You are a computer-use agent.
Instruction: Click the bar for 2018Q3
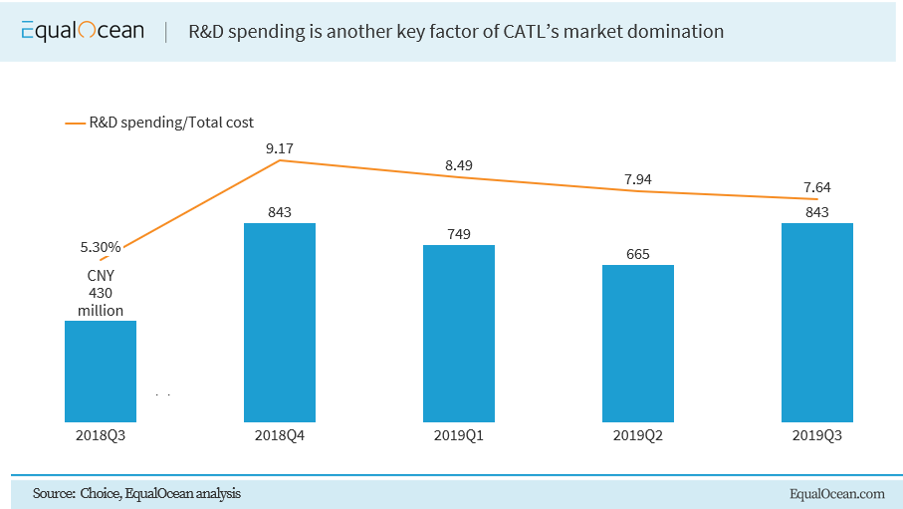tap(101, 371)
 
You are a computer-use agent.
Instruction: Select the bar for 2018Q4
tap(280, 322)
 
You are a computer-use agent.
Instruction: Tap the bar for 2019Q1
tap(459, 333)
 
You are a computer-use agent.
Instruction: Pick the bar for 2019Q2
tap(638, 343)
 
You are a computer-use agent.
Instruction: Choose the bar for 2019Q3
tap(817, 322)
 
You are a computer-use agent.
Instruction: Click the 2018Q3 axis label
tap(101, 435)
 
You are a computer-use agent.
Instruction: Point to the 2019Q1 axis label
tap(459, 435)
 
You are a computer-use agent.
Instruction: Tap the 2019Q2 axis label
tap(638, 435)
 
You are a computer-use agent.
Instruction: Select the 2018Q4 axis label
tap(280, 435)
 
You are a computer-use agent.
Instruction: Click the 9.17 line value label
tap(280, 148)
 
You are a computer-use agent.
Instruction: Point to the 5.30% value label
tap(101, 246)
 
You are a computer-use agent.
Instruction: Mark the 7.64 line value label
tap(817, 186)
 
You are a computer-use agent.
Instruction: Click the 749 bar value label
tap(459, 234)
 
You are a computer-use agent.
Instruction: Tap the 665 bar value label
tap(638, 254)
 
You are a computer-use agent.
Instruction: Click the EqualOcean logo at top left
tap(82, 32)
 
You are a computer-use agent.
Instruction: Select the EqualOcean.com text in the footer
tap(836, 493)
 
